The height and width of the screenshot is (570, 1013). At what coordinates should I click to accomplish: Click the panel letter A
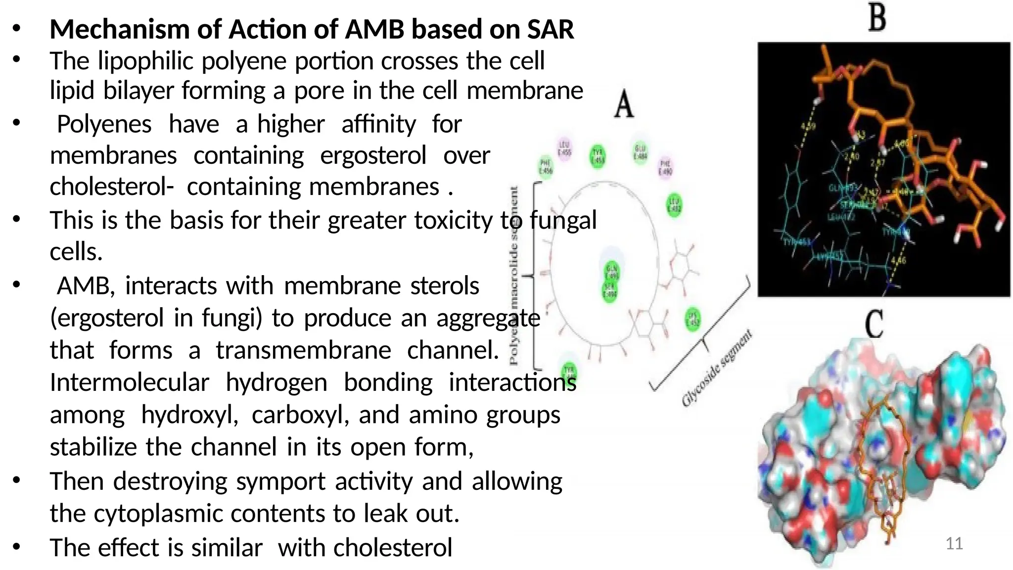(624, 104)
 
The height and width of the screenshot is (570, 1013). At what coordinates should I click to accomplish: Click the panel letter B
(877, 18)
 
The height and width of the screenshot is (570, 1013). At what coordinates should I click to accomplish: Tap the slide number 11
(954, 543)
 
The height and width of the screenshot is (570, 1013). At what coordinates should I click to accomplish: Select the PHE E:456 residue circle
(546, 167)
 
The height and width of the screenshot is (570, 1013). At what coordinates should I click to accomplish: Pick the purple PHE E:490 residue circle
(665, 167)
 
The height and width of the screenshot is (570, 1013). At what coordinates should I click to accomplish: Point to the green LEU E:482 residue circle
(675, 205)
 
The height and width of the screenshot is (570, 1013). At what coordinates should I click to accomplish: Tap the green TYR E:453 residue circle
(599, 156)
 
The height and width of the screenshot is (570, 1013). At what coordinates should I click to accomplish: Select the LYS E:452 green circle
(693, 319)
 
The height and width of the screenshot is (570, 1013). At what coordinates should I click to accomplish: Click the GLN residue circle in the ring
(612, 272)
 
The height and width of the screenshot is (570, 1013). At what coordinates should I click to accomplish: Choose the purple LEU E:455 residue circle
(564, 148)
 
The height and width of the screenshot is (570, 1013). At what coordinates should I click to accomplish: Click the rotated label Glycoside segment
(717, 368)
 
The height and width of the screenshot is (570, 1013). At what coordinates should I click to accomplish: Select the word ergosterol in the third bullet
(373, 156)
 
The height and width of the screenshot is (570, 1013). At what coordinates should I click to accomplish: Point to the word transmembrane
(303, 350)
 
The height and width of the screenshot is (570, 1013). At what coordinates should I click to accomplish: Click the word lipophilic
(145, 61)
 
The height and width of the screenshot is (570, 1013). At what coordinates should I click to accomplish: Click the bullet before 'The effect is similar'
(16, 547)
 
